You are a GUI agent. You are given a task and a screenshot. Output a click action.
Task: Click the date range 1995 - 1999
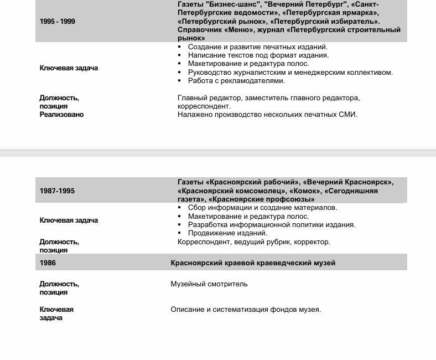[58, 22]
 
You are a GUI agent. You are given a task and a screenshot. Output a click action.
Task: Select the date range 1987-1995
[57, 191]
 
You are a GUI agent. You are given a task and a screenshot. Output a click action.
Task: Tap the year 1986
[48, 263]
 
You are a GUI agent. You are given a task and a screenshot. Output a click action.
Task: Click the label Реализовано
[61, 115]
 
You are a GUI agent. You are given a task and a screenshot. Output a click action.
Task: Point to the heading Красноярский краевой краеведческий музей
[253, 263]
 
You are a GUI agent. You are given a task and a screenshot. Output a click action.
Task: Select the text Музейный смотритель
[209, 284]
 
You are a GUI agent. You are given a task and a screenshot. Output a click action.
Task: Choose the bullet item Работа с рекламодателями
[236, 81]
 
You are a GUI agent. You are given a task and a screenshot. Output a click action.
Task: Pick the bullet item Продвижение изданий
[227, 233]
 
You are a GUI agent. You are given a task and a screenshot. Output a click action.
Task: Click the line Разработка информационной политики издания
[272, 225]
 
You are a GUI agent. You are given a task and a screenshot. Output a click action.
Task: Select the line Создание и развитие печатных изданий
[258, 47]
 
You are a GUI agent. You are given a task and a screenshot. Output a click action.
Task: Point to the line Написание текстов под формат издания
[258, 55]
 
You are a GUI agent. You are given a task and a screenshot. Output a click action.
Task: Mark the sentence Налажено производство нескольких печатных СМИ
[267, 115]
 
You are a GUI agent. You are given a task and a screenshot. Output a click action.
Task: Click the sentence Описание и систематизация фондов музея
[246, 310]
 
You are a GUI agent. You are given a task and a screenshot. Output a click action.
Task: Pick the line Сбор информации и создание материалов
[262, 208]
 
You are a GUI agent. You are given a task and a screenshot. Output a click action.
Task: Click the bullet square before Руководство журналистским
[180, 73]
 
